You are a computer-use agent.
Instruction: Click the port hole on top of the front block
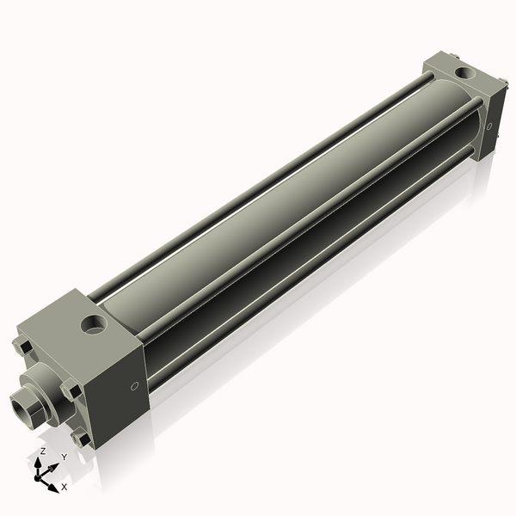point(94,325)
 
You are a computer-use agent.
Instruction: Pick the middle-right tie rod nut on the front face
point(71,390)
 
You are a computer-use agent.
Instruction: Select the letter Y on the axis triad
point(64,458)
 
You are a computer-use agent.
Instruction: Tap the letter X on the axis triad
point(64,487)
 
